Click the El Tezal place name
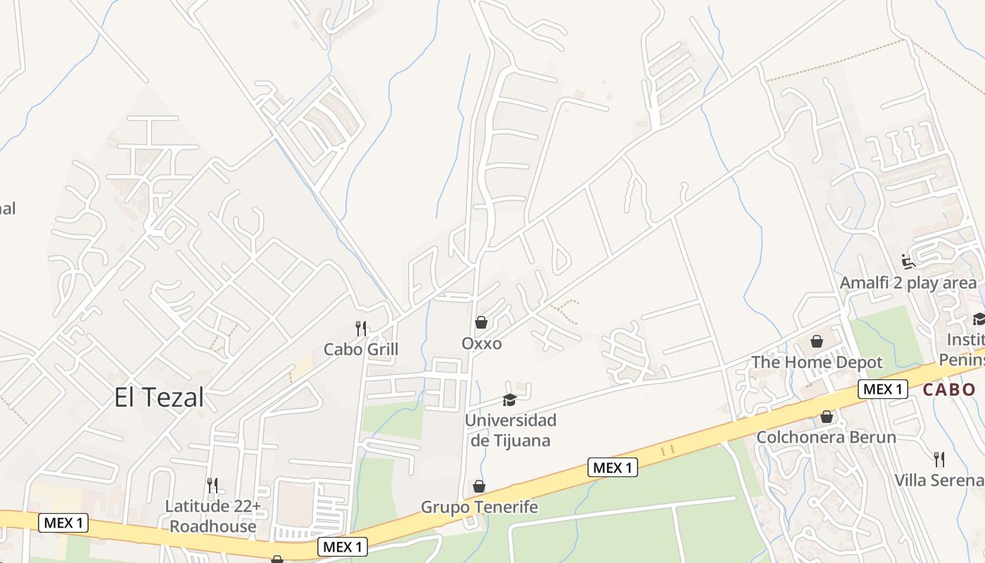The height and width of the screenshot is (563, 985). click(159, 398)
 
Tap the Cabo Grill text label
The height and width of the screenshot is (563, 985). click(361, 349)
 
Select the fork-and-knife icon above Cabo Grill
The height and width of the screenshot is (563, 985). click(361, 328)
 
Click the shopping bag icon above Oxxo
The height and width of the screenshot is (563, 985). click(481, 322)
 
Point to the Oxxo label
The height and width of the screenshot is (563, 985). click(482, 343)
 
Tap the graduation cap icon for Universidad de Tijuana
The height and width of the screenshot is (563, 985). click(509, 400)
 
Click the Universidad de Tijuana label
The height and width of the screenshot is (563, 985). click(511, 431)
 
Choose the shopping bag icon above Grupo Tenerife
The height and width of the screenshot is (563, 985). click(479, 486)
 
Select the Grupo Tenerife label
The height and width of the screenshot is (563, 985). click(479, 507)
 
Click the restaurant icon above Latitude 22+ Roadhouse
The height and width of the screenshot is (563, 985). click(212, 485)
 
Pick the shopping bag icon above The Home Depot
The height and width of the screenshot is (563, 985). click(817, 341)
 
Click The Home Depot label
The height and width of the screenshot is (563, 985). click(817, 362)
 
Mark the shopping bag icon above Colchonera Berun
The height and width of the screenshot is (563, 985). click(827, 417)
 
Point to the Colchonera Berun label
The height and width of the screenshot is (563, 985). click(826, 437)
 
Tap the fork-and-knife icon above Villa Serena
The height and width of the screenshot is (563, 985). click(939, 460)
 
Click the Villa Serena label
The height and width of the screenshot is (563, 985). click(939, 480)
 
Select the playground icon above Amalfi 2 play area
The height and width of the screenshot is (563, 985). click(908, 262)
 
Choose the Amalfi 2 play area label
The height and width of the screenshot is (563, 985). click(908, 283)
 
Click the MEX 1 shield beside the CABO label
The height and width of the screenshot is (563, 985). click(882, 389)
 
